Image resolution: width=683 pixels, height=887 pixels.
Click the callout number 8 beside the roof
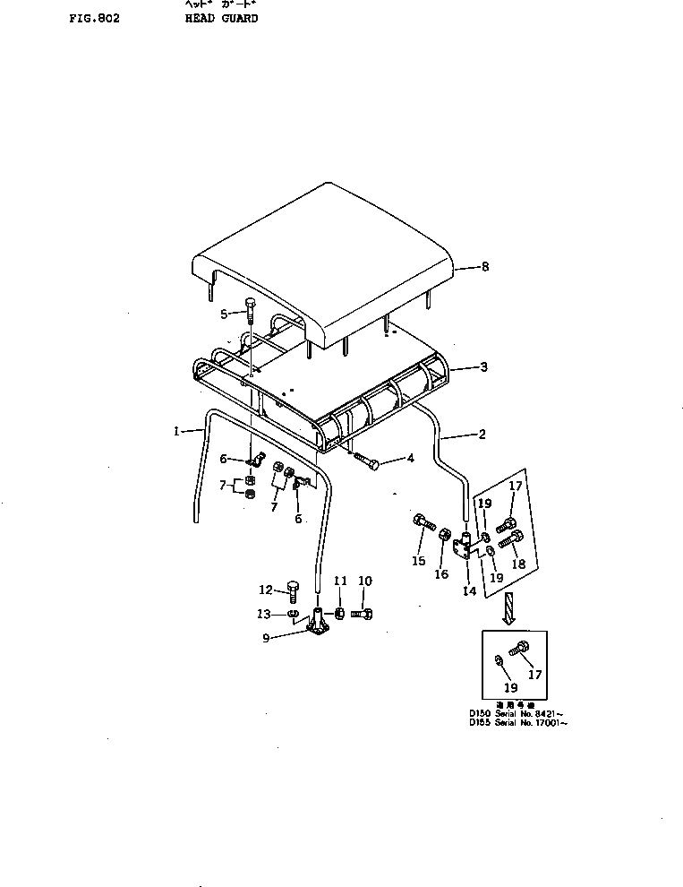[485, 266]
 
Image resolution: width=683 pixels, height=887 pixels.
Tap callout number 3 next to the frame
[484, 367]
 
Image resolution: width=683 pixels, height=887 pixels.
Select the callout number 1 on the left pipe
[176, 431]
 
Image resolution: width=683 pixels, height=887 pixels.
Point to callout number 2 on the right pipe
[482, 435]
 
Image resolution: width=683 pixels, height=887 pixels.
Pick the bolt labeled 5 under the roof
[250, 311]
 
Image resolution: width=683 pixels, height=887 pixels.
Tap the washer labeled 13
[294, 615]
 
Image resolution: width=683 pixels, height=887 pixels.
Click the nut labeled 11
[340, 614]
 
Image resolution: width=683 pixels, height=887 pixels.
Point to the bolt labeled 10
[362, 615]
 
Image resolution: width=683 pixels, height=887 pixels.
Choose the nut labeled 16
[444, 536]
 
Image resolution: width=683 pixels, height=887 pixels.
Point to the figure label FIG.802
[93, 18]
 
